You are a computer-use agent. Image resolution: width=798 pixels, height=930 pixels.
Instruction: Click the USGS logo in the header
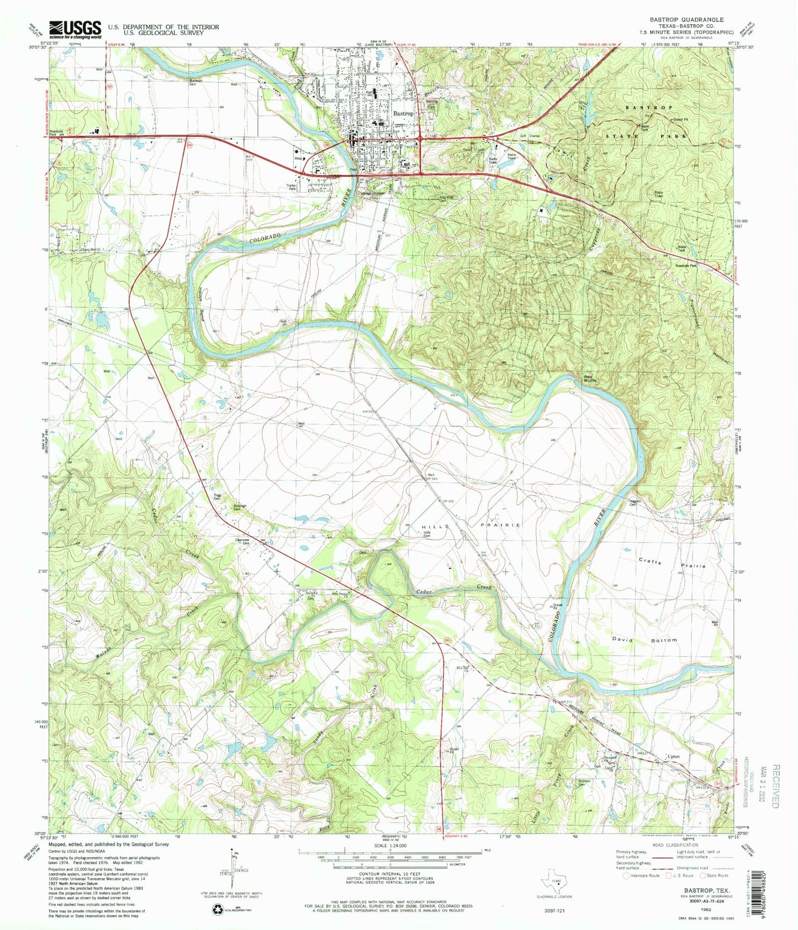[x=76, y=29]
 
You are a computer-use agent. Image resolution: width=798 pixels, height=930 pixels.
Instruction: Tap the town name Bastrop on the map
[x=403, y=113]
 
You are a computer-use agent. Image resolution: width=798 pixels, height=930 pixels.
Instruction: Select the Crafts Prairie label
[x=672, y=564]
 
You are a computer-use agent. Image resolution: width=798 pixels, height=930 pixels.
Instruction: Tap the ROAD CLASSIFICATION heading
[x=673, y=845]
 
